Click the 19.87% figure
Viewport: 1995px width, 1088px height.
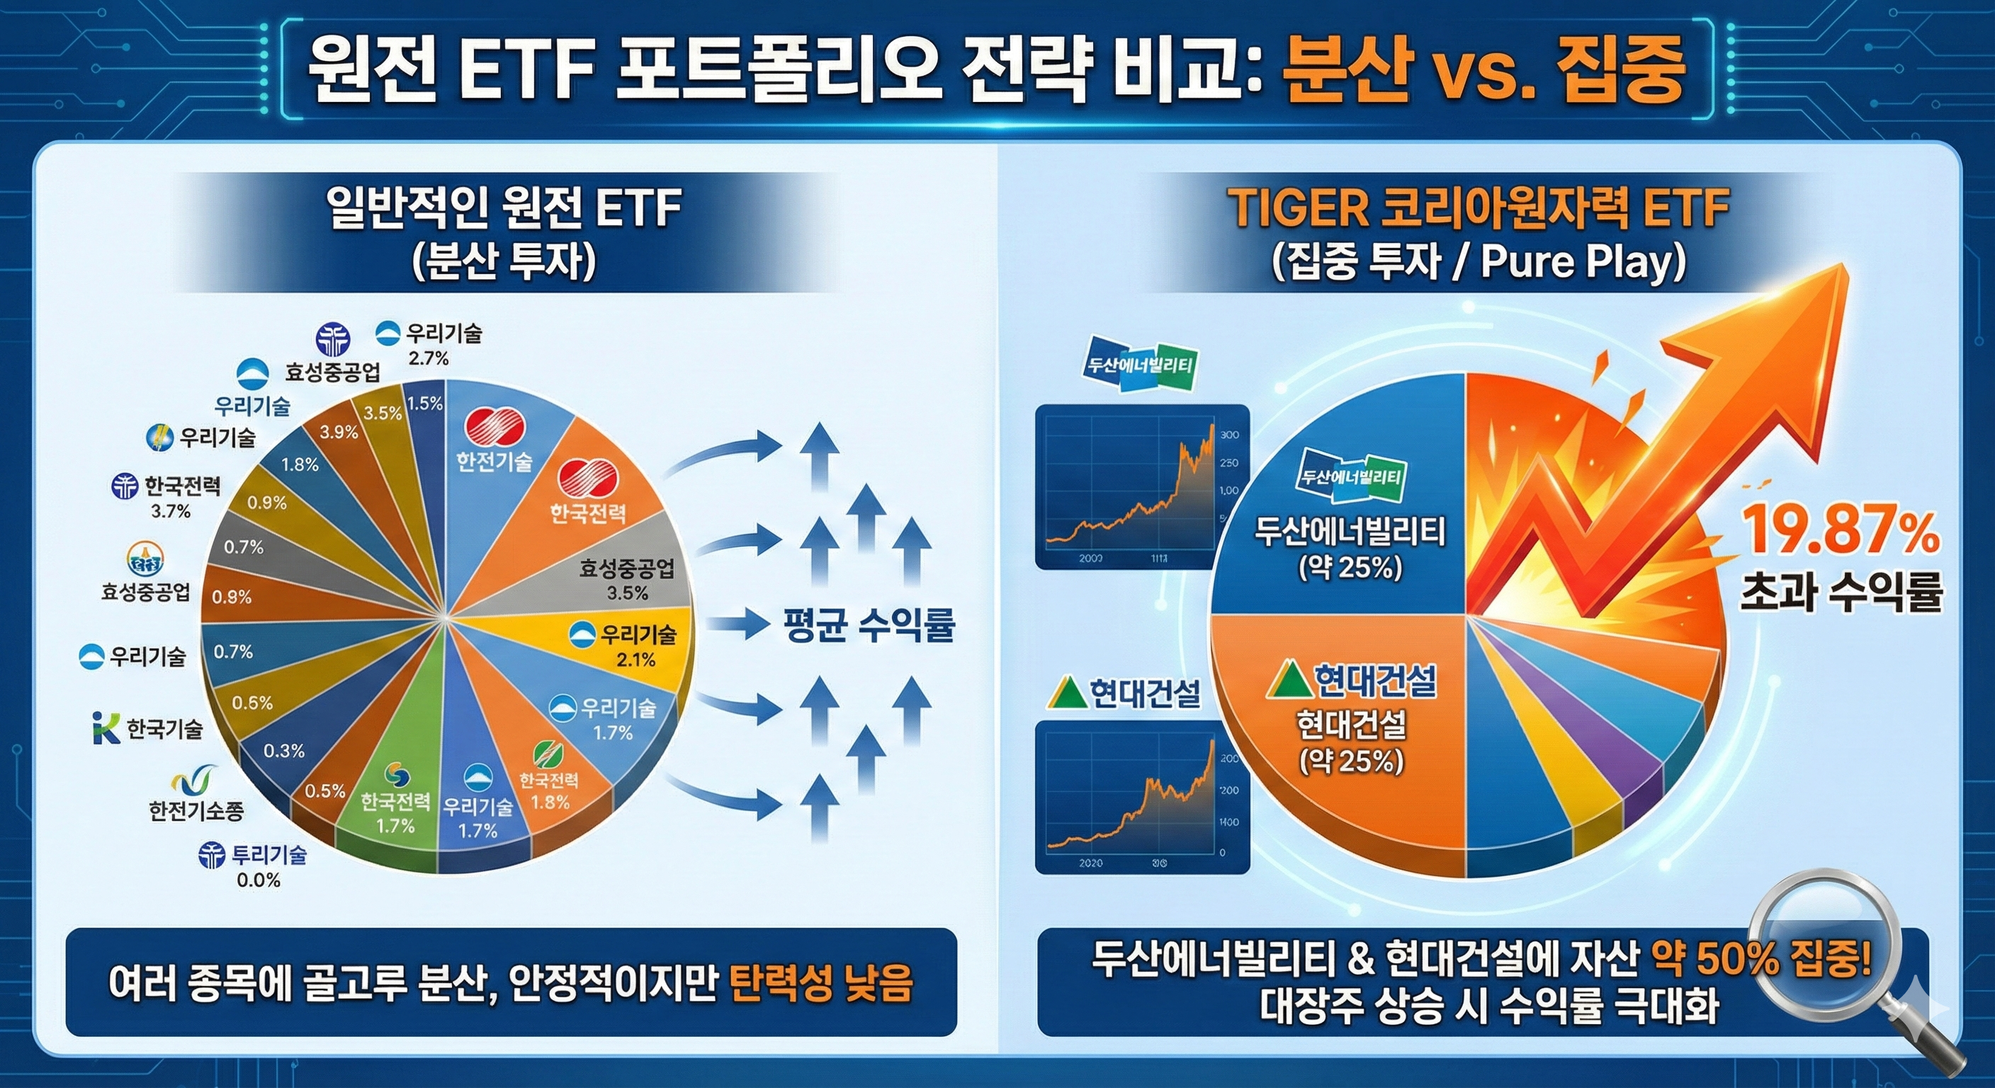(1840, 533)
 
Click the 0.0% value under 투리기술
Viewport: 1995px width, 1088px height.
(258, 880)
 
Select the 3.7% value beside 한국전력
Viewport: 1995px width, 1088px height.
(170, 511)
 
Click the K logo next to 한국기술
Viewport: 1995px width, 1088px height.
(106, 729)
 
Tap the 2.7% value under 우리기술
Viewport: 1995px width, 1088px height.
(429, 358)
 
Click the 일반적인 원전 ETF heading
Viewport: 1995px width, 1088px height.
(504, 208)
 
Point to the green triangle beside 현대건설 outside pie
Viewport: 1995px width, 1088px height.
(1066, 694)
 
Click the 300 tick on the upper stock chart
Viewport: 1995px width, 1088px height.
(1229, 434)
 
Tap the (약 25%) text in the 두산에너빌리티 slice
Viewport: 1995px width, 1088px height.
(1350, 567)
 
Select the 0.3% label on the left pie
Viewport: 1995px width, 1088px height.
(283, 751)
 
